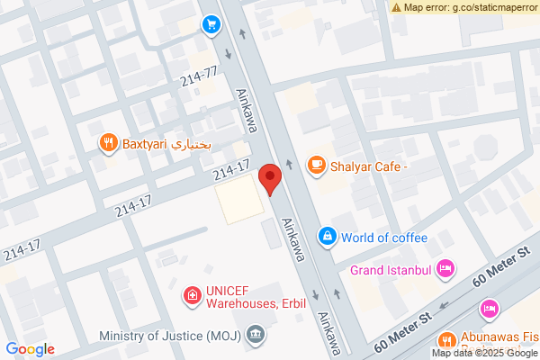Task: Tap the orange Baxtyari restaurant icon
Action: pyautogui.click(x=108, y=142)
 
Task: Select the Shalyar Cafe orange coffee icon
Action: pyautogui.click(x=316, y=165)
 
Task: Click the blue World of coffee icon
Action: pyautogui.click(x=328, y=237)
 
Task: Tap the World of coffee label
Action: pyautogui.click(x=389, y=238)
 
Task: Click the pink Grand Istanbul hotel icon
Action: pyautogui.click(x=445, y=268)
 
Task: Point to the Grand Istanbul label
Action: pyautogui.click(x=391, y=269)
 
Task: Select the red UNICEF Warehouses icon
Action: pyautogui.click(x=192, y=294)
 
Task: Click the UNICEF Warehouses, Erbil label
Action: pyautogui.click(x=256, y=297)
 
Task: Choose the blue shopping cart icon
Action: pyautogui.click(x=211, y=24)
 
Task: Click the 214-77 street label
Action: pyautogui.click(x=200, y=77)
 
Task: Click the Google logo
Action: pyautogui.click(x=30, y=349)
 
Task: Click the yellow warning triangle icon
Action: pyautogui.click(x=396, y=7)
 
